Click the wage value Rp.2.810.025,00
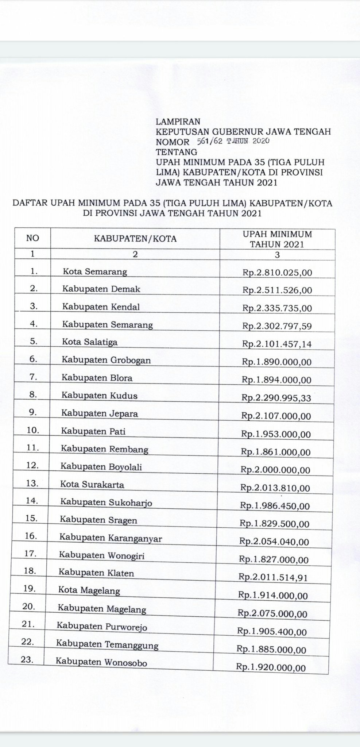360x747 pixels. pos(277,272)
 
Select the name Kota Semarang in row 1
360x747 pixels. pos(95,272)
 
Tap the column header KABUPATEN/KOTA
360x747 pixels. pos(135,239)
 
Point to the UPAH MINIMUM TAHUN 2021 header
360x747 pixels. pos(277,239)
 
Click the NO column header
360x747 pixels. pos(32,238)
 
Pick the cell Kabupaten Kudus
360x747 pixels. pos(99,396)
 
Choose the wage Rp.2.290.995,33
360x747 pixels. pos(276,398)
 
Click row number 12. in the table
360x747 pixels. pos(32,465)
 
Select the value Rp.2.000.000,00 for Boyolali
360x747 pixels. pos(275,470)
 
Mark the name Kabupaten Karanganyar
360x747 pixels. pos(111,538)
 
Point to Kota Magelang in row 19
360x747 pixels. pos(89,590)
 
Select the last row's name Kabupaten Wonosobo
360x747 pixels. pos(101,662)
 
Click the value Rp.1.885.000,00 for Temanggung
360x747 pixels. pos(271,650)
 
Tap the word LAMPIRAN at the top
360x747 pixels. pos(178,122)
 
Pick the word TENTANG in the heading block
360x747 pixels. pos(177,152)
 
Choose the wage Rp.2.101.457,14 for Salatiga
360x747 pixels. pos(277,344)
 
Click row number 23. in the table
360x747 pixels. pos(26,660)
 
